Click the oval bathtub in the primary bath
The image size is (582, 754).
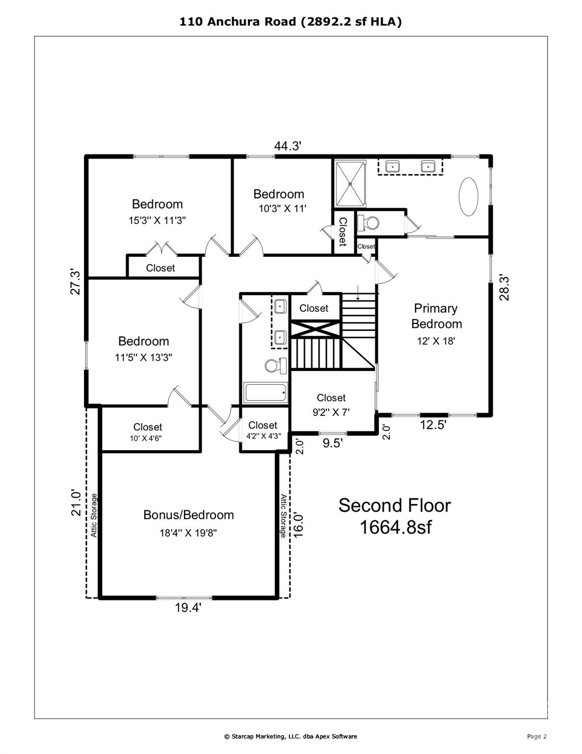[x=468, y=196]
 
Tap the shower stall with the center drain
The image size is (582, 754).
[x=350, y=184]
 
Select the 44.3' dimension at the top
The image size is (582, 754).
[x=287, y=146]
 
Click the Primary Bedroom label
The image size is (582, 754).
[x=436, y=316]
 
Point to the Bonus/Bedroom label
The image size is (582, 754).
[x=188, y=515]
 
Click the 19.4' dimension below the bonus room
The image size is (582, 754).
[x=188, y=608]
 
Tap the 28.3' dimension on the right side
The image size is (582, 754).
[x=504, y=288]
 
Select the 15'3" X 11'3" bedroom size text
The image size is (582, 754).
[x=157, y=220]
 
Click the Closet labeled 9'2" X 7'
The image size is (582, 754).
[x=331, y=404]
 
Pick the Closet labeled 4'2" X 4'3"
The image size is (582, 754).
[x=263, y=430]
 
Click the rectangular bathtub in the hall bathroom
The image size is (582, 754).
[x=265, y=393]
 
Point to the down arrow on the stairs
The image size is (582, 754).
[x=358, y=293]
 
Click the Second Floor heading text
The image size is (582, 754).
[x=394, y=505]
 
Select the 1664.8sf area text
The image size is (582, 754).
[x=396, y=527]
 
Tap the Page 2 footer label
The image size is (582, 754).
[x=536, y=736]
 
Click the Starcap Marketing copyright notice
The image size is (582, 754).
[x=291, y=736]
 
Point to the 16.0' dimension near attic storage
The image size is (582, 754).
[x=298, y=525]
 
